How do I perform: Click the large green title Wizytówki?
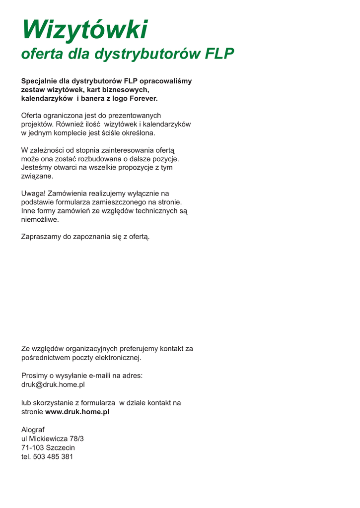coord(84,30)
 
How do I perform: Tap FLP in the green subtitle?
coord(219,54)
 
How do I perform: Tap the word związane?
coord(37,176)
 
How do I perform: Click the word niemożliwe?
coord(40,219)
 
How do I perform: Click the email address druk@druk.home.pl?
coord(53,384)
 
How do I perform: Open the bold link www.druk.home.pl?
coord(77,412)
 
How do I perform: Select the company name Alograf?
coord(33,430)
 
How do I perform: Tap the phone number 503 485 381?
coord(53,456)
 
